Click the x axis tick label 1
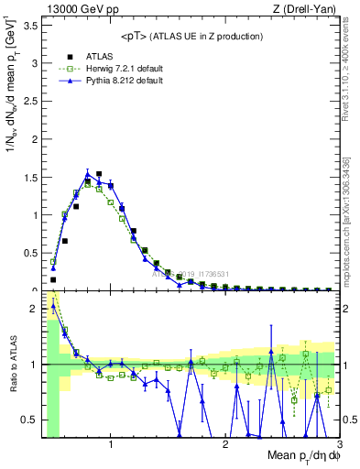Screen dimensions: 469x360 [x=111, y=444]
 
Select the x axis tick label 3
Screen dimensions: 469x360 [x=339, y=444]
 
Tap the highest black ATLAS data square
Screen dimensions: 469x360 [x=99, y=173]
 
